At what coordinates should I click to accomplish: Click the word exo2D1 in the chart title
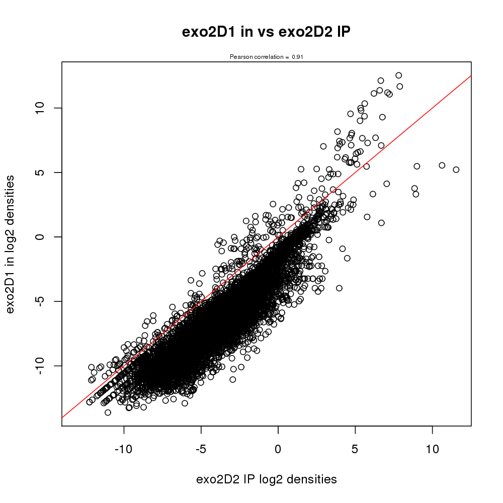click(203, 33)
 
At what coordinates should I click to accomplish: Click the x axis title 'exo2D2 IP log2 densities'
click(267, 479)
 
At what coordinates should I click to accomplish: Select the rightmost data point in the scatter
click(456, 170)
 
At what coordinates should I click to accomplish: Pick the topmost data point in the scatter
click(399, 75)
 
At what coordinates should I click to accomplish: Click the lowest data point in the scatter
click(108, 412)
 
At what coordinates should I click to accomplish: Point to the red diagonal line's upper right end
click(471, 76)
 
